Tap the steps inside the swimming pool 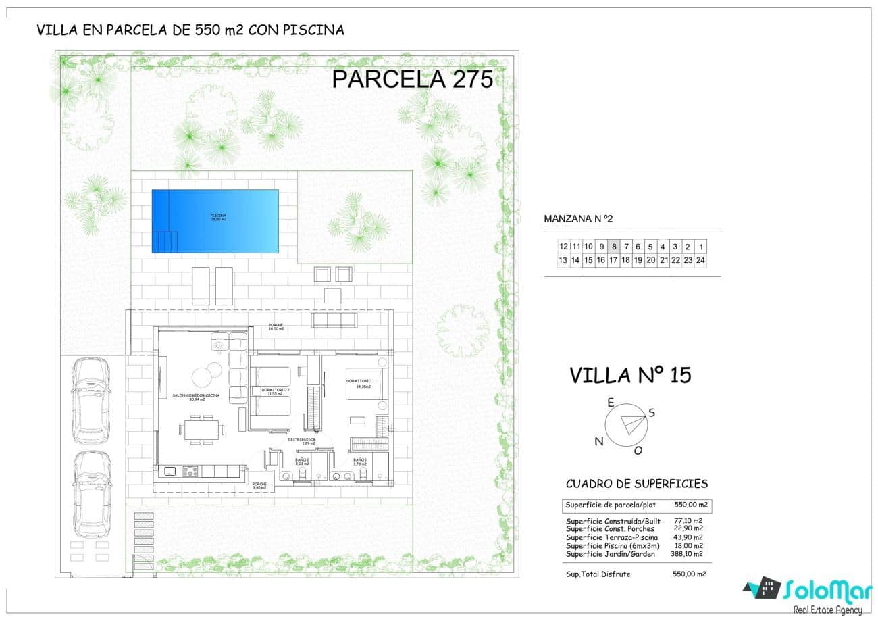coord(165,241)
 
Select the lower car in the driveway coord(91,497)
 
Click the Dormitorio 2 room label coord(275,391)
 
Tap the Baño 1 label coord(359,462)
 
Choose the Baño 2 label coord(302,462)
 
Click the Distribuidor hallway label coord(302,441)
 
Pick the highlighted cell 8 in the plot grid coord(613,247)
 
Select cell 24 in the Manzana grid coord(700,260)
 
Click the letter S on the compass coord(652,412)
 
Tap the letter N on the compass coord(598,441)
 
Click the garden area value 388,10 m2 coord(688,554)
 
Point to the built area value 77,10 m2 coord(688,521)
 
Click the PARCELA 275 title coord(412,79)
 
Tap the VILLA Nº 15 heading coord(630,375)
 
